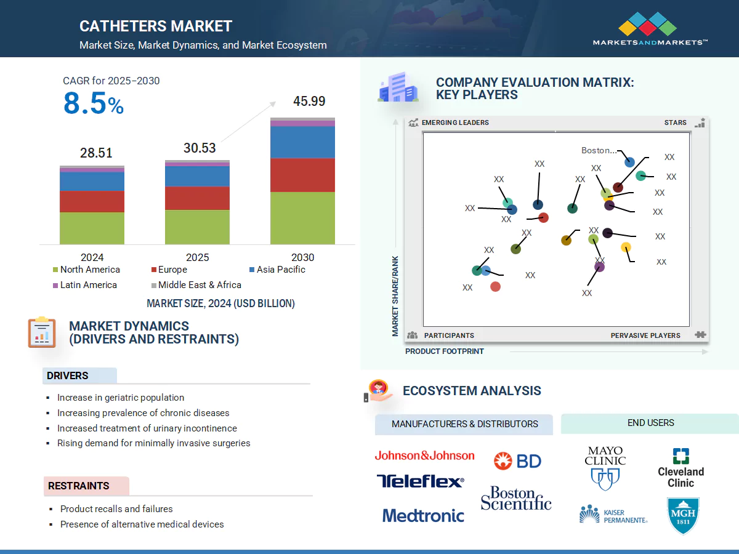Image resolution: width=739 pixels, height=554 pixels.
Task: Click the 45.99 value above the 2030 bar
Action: (x=309, y=102)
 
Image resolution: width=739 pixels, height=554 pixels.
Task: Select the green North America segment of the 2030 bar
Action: (x=302, y=218)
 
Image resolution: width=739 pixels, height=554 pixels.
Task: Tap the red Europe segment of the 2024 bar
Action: (x=92, y=201)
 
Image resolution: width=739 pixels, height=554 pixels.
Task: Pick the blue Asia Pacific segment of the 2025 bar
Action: (x=197, y=176)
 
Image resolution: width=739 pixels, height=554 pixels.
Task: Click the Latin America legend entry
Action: (x=84, y=285)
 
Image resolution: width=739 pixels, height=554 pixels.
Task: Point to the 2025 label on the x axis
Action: (x=197, y=257)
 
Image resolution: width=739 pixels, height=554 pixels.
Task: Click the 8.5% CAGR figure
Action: (x=94, y=104)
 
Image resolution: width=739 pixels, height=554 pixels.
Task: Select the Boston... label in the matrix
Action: (x=599, y=150)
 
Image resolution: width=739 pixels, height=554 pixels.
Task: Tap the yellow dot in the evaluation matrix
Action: (x=626, y=247)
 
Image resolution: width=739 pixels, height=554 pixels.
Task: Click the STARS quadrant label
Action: (x=675, y=122)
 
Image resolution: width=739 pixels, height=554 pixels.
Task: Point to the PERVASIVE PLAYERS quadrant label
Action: (x=645, y=335)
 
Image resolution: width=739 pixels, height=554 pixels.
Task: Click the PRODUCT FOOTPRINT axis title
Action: (x=444, y=351)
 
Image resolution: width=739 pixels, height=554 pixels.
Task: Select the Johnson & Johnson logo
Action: (x=424, y=456)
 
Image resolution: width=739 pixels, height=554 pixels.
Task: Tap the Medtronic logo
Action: (x=423, y=515)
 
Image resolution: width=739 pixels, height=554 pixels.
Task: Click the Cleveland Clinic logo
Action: (x=680, y=468)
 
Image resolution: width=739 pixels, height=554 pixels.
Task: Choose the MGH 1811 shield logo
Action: (x=683, y=515)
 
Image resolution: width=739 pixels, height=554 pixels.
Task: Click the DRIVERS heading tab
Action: (x=68, y=375)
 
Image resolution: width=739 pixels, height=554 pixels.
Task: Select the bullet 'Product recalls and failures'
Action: (x=116, y=509)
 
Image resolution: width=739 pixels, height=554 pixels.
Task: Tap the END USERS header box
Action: (x=650, y=423)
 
